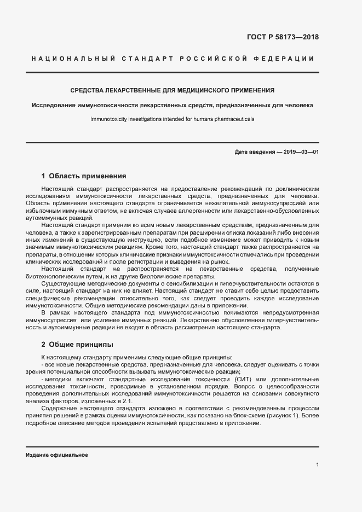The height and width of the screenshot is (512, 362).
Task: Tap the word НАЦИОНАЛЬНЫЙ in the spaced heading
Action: [x=71, y=59]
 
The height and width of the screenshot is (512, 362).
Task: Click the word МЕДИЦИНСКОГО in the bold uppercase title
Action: [x=203, y=90]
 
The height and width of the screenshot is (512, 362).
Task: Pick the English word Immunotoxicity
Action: [x=110, y=118]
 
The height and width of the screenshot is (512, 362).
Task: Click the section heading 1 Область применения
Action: [x=84, y=176]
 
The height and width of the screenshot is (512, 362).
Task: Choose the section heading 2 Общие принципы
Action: [x=77, y=345]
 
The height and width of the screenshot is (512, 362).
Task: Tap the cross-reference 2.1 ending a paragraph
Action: [x=128, y=401]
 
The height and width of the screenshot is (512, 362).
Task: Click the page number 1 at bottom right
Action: [x=317, y=464]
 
